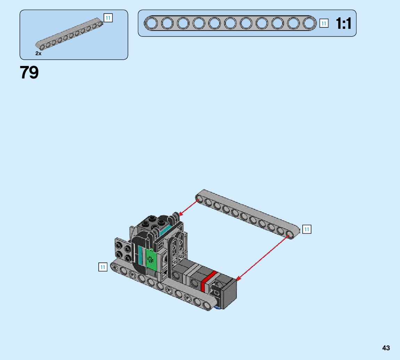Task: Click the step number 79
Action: point(29,72)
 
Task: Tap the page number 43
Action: point(386,348)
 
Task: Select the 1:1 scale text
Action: point(343,24)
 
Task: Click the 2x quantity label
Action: point(38,53)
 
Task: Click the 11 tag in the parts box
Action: point(108,18)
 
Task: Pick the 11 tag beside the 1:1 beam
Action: point(324,24)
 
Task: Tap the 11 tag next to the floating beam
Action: point(307,229)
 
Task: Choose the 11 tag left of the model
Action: point(103,267)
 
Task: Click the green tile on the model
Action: point(151,259)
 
